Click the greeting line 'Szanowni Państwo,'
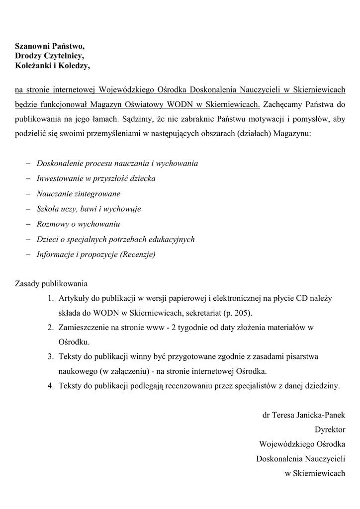point(49,46)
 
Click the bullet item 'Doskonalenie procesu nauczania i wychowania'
point(117,164)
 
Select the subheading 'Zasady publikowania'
point(51,285)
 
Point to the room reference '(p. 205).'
point(238,313)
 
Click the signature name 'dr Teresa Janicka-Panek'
point(303,415)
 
